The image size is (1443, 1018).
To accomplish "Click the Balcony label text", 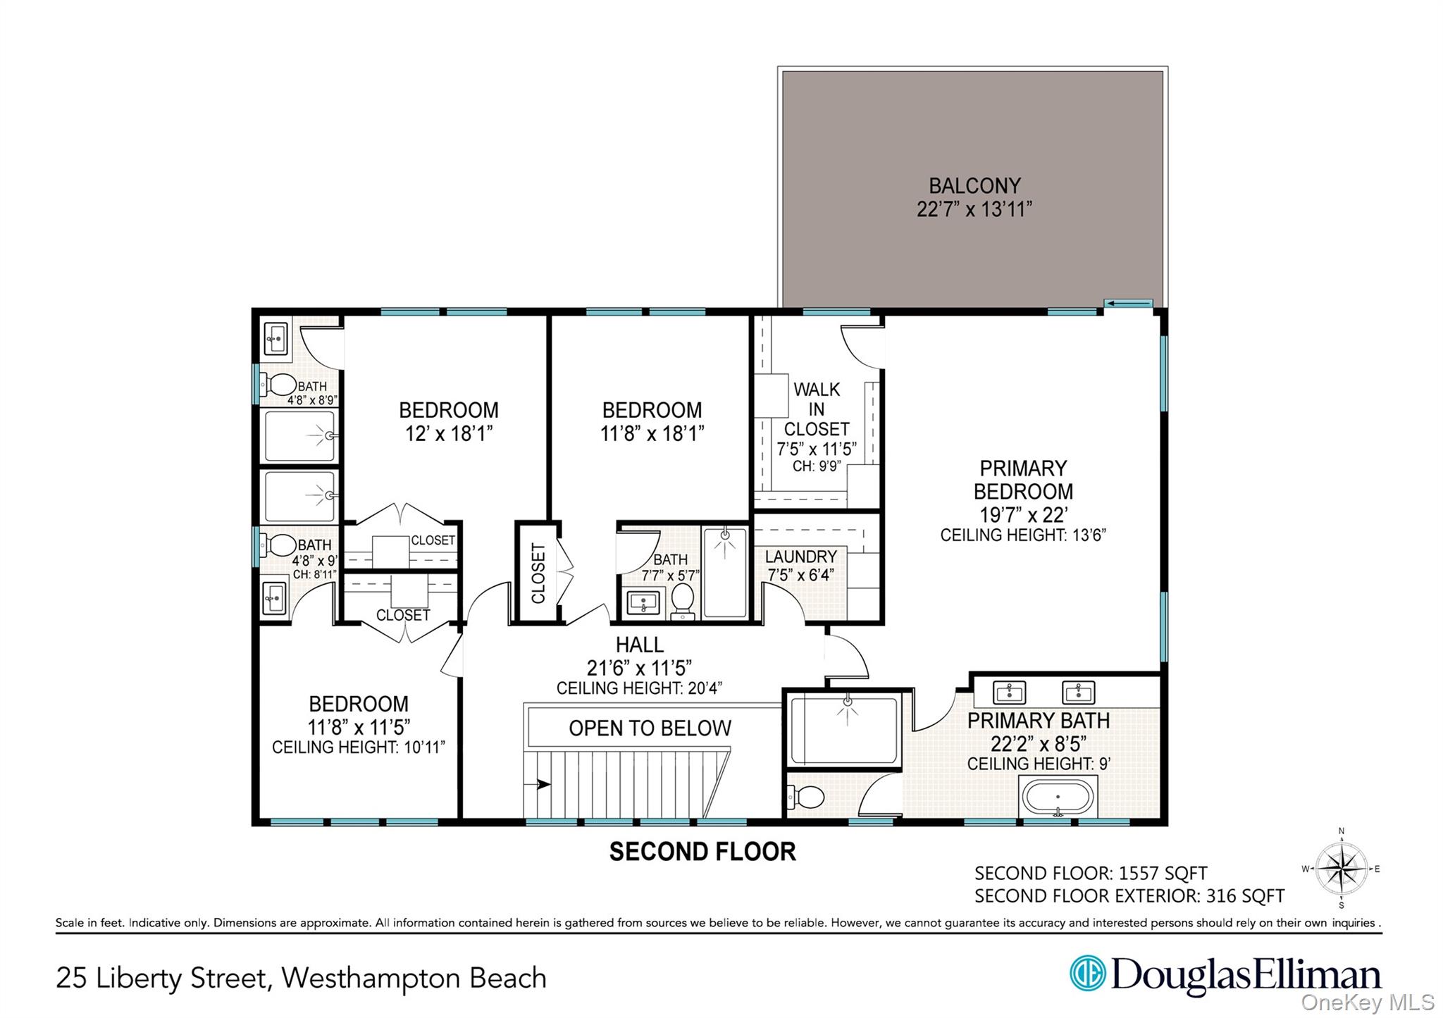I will click(974, 186).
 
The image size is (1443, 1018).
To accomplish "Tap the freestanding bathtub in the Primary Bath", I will click(1058, 797).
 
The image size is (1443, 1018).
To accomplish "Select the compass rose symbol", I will click(1341, 869).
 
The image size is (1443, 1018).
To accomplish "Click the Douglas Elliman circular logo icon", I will click(1087, 973).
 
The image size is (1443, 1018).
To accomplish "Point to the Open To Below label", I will click(650, 728).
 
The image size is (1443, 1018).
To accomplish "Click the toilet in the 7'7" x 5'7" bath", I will click(682, 600).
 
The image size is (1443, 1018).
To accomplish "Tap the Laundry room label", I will click(801, 557).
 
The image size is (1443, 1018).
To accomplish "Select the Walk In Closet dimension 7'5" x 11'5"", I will click(816, 449).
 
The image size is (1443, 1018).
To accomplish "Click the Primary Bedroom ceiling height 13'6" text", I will click(1022, 535).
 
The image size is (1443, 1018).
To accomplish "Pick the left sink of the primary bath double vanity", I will click(1009, 692).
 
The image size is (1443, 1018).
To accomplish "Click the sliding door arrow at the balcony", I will click(1128, 304).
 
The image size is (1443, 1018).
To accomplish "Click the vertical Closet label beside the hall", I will click(538, 573).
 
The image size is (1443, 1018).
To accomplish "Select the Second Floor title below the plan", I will click(702, 852).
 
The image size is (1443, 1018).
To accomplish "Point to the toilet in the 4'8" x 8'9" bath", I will click(282, 385).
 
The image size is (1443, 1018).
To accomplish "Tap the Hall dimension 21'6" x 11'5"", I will click(639, 666).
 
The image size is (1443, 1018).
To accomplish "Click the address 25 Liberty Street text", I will click(162, 979).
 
